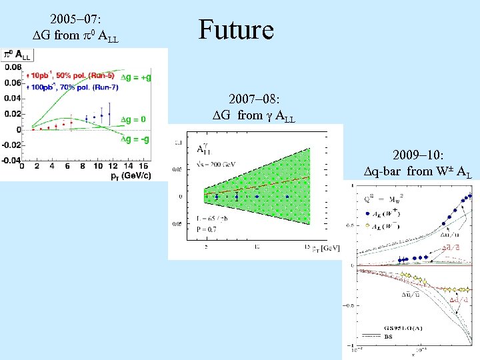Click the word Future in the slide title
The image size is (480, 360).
236,30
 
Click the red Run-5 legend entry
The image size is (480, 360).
65,77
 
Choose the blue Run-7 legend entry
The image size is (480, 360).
67,87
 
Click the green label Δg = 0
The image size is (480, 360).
133,119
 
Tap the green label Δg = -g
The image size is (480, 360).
134,139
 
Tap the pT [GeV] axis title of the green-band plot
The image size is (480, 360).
325,248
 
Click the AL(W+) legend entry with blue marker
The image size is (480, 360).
387,213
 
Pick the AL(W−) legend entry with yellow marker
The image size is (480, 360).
387,225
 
